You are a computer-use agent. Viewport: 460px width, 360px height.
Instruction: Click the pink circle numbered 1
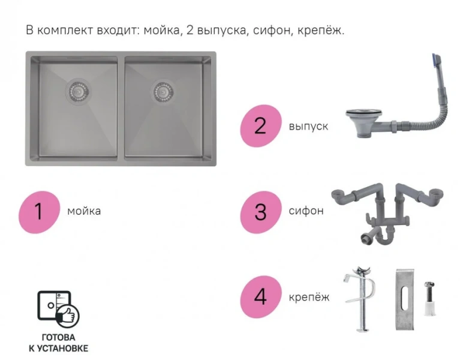[38, 211]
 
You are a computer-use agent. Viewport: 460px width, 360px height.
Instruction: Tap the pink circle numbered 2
[260, 125]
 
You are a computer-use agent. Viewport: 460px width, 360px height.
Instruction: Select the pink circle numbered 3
[260, 211]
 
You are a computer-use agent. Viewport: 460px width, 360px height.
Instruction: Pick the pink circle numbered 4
[260, 296]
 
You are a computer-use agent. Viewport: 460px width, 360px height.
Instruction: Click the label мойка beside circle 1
[84, 211]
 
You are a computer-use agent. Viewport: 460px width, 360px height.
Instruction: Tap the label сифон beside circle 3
[306, 211]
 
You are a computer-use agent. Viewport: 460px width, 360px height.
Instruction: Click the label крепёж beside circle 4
[309, 296]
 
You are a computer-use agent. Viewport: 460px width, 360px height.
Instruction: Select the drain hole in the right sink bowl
[163, 91]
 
